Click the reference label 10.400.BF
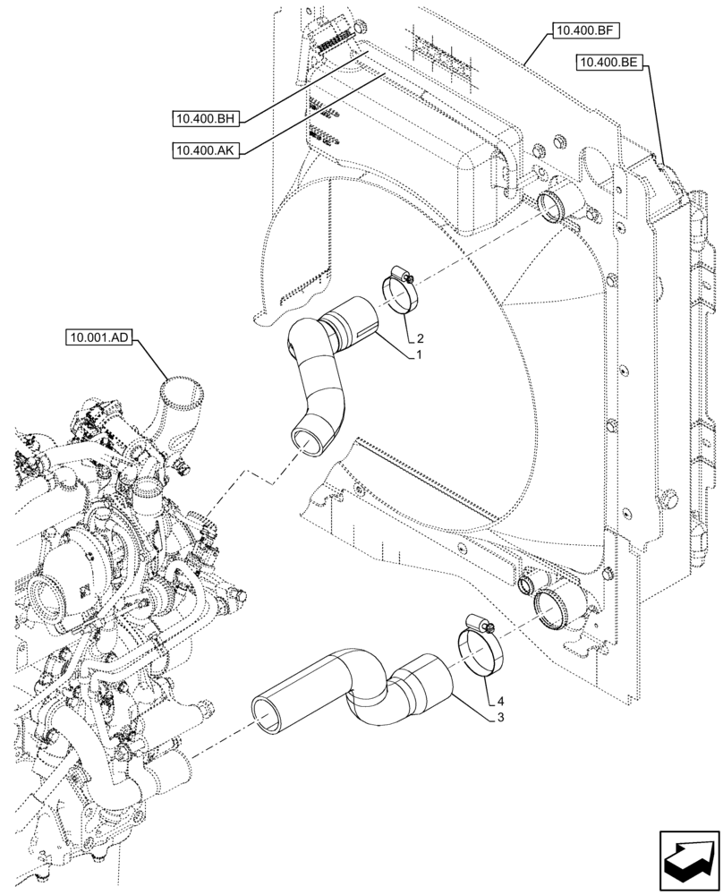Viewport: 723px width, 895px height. [x=582, y=31]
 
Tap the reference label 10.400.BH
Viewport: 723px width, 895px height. [x=205, y=118]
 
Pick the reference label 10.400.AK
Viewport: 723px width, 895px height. [x=205, y=150]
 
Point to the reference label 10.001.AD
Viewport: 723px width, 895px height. [x=98, y=338]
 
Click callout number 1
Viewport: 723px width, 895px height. [x=417, y=355]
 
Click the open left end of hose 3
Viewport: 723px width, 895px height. [x=267, y=713]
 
